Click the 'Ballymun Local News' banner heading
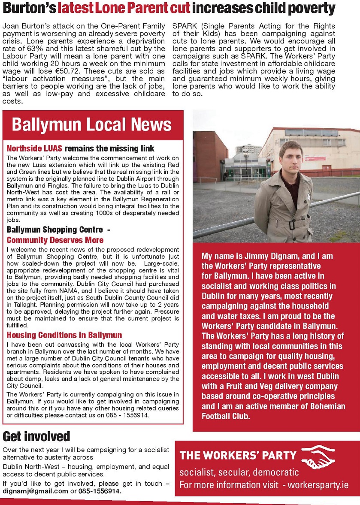(92, 125)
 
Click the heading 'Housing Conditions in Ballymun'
(64, 335)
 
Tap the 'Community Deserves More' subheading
(55, 240)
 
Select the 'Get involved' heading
(36, 436)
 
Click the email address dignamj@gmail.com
(35, 491)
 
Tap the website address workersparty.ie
(318, 485)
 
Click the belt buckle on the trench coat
(293, 224)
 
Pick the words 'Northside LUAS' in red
(35, 149)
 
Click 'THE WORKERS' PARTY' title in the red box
(238, 456)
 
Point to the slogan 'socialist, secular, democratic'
(239, 472)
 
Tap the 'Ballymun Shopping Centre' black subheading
(54, 230)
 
